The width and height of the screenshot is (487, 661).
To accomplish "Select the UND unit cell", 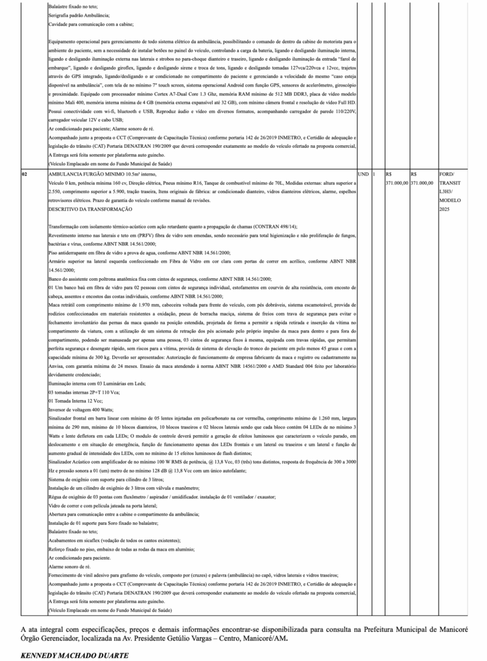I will click(x=363, y=174).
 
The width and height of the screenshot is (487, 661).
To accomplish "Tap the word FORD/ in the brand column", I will click(x=446, y=174).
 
